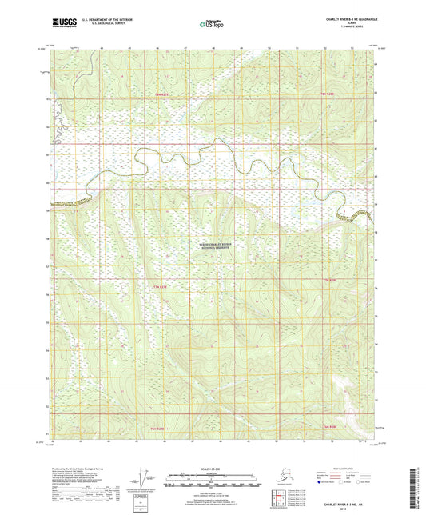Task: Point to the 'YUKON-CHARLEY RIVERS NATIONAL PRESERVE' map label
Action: pos(213,247)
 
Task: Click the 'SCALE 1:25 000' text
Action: pos(212,468)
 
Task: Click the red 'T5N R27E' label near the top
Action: pos(162,95)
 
